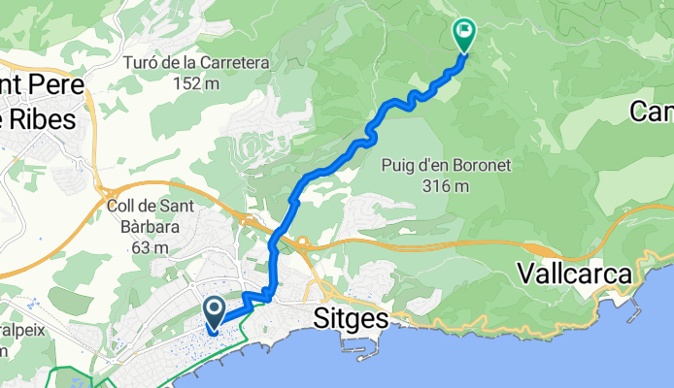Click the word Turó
pyautogui.click(x=143, y=64)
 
